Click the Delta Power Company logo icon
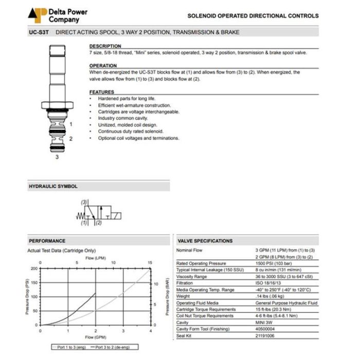pos(37,15)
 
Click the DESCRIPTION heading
pos(105,46)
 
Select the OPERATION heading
pos(103,66)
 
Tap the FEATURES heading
pos(102,92)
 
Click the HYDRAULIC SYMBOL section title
pos(53,186)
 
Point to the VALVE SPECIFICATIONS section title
pos(205,241)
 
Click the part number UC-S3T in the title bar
pos(39,32)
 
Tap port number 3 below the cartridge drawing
pos(57,157)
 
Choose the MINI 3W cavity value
pos(265,323)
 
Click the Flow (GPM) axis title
pos(96,337)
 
